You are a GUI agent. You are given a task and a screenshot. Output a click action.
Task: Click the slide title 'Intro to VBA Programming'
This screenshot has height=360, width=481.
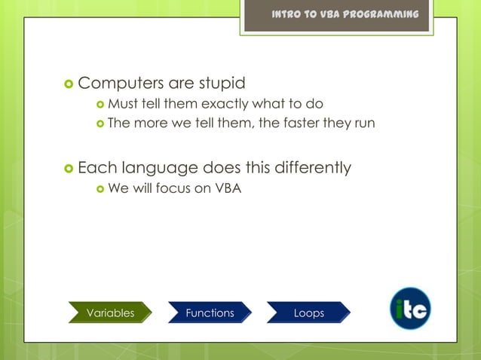[x=345, y=15]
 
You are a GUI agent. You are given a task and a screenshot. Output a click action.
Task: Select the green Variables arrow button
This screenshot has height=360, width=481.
[x=110, y=313]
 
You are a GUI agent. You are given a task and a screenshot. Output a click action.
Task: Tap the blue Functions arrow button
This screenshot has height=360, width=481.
[x=210, y=313]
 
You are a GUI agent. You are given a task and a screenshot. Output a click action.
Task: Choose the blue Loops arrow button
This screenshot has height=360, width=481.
[x=308, y=313]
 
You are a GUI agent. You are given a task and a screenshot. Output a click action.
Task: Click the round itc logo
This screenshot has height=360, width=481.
[x=410, y=309]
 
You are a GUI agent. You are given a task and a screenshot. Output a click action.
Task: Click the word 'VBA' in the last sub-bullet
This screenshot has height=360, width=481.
[x=228, y=188]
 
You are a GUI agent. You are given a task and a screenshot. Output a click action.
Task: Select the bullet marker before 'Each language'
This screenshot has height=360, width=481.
[x=68, y=167]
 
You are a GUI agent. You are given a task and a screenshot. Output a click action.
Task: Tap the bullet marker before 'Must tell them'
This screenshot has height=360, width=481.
[x=100, y=104]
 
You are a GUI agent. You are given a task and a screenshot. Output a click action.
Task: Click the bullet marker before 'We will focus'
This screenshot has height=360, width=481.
[x=100, y=188]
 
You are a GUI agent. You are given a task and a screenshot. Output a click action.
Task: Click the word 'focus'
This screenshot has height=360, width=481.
[x=173, y=188]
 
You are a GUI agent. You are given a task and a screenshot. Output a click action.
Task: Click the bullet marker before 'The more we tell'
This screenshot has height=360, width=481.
[x=100, y=124]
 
